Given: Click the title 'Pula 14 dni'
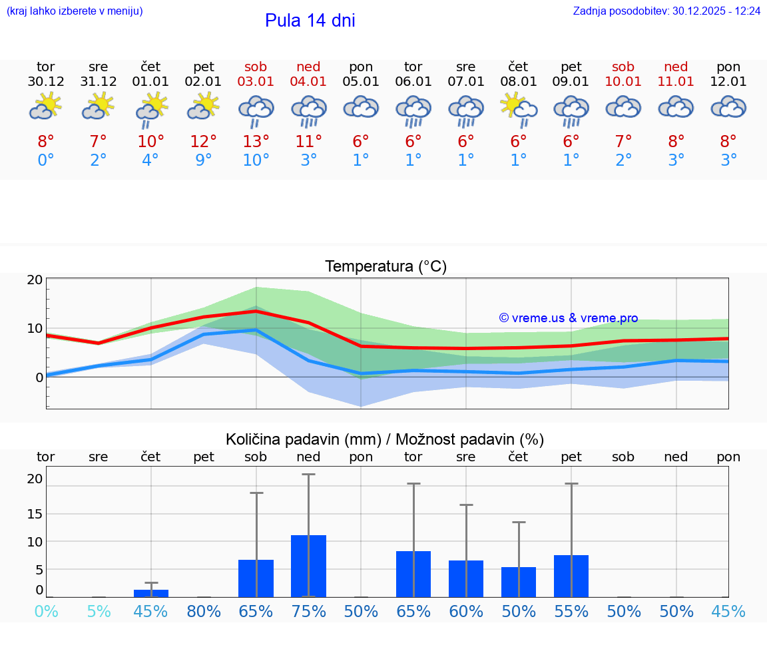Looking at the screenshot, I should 310,21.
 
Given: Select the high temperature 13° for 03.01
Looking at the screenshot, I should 256,141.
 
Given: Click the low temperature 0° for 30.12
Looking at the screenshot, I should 46,160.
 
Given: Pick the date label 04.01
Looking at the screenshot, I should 308,82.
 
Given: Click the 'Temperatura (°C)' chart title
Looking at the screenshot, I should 385,266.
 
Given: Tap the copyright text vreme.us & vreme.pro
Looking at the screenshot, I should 568,318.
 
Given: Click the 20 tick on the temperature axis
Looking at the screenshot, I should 35,280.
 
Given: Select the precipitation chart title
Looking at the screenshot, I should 385,439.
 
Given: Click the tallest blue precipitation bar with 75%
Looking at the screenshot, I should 308,566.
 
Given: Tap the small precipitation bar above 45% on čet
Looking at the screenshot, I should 151,593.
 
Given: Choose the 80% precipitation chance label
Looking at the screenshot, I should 204,612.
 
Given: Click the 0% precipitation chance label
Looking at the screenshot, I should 46,612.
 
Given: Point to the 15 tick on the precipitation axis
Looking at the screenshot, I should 35,513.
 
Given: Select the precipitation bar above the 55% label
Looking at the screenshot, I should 571,576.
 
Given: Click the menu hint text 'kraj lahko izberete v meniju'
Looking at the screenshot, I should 74,11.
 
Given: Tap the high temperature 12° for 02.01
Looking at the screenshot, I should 204,141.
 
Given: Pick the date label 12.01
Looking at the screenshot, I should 728,82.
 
